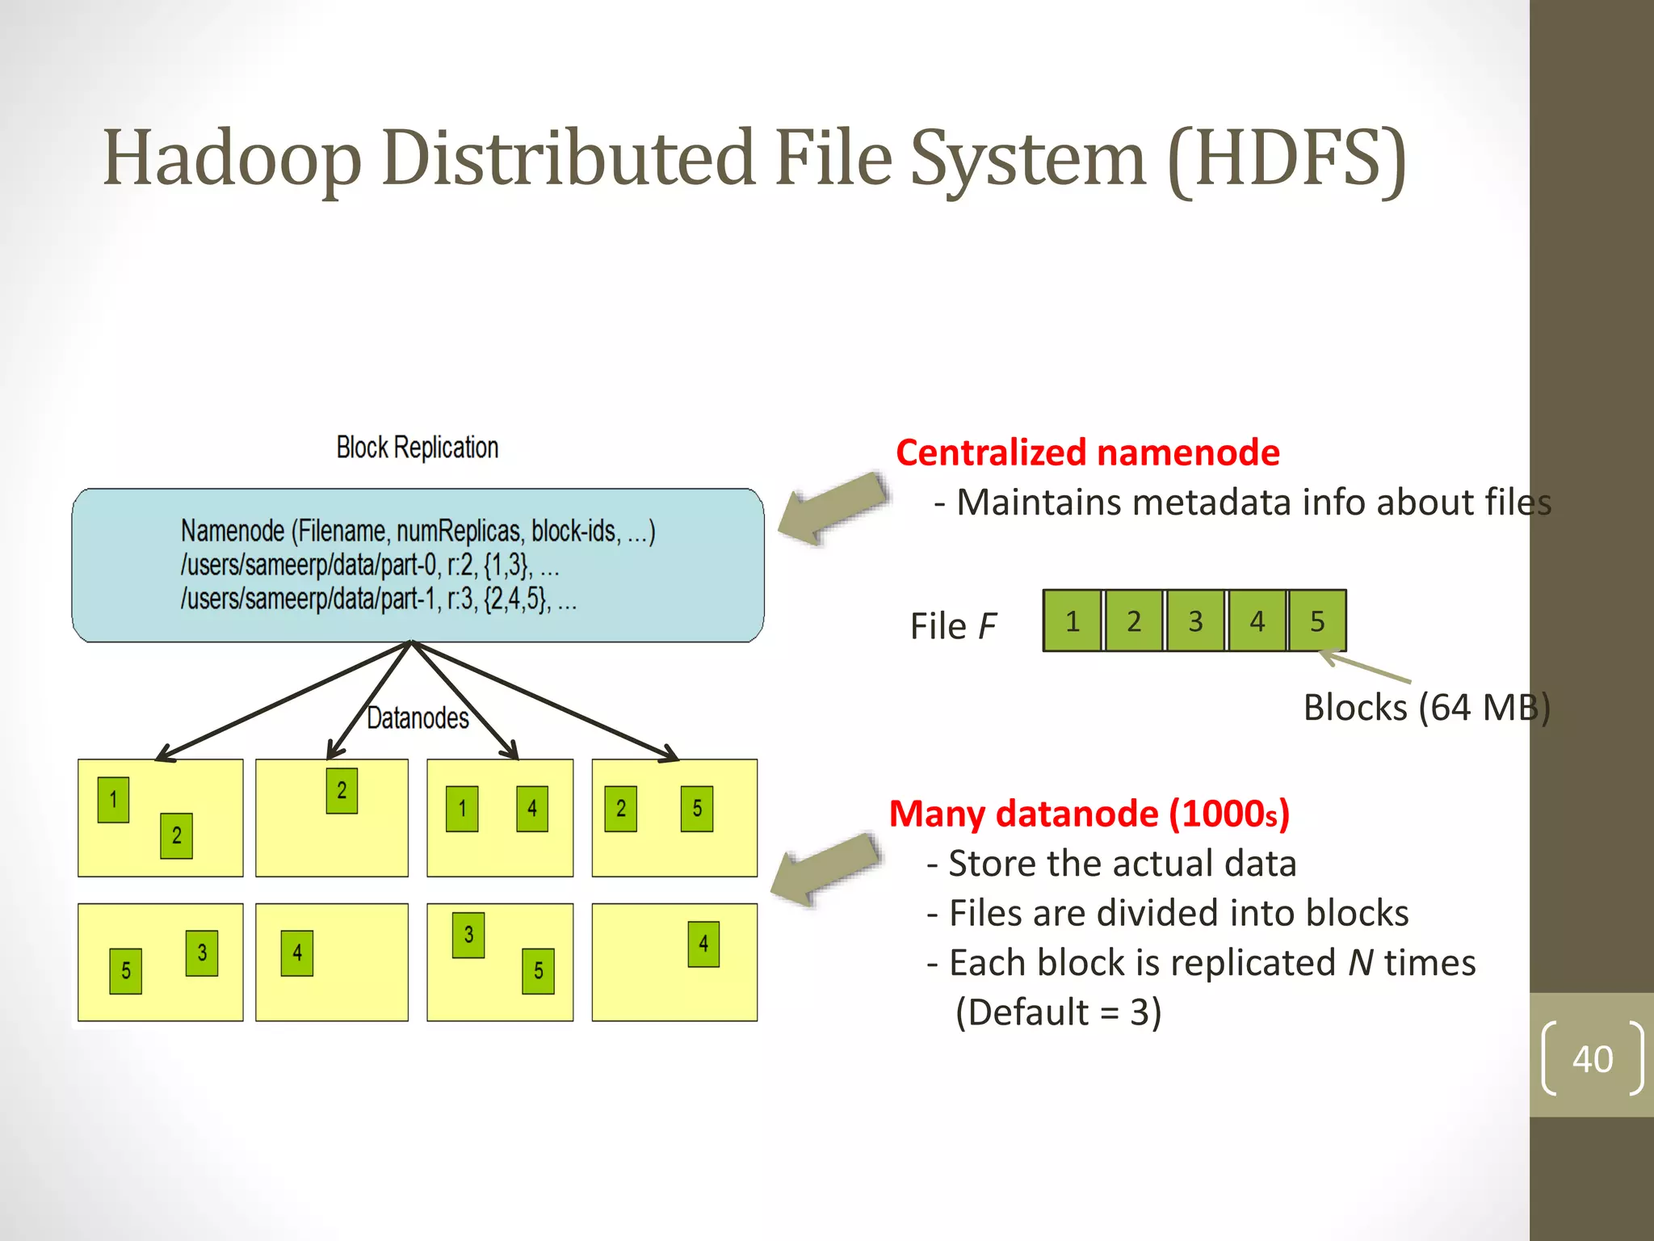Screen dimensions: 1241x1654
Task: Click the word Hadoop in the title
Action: point(232,158)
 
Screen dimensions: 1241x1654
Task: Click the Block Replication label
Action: point(417,448)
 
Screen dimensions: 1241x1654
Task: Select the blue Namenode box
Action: point(418,565)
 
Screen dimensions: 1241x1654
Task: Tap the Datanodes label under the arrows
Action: point(418,717)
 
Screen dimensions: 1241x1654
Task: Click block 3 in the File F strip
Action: point(1195,620)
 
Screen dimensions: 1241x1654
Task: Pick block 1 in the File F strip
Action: point(1073,620)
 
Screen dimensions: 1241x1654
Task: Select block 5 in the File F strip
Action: point(1317,620)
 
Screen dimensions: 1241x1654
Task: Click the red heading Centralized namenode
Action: point(1087,452)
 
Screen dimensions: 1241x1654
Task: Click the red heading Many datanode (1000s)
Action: point(1089,814)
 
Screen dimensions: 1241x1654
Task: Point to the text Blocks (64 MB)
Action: point(1425,708)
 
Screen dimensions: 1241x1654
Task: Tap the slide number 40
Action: point(1592,1058)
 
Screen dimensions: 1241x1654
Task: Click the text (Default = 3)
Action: point(1058,1012)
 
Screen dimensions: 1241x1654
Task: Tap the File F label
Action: point(953,626)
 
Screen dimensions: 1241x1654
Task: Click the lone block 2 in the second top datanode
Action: point(342,791)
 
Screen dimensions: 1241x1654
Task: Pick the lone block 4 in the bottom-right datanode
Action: point(703,944)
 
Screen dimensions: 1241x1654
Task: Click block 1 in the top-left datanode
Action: point(113,800)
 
